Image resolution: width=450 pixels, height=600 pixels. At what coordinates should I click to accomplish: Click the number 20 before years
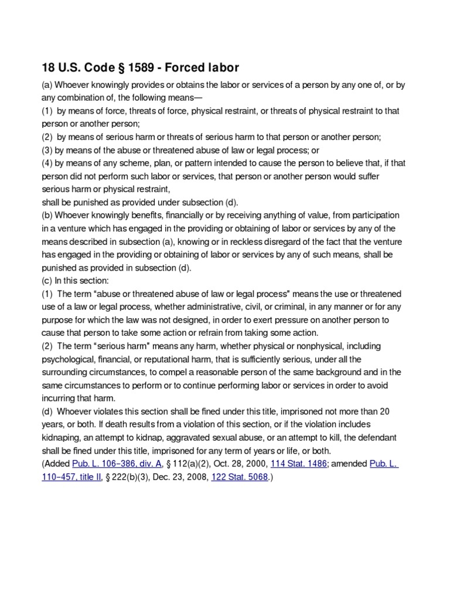point(400,411)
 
